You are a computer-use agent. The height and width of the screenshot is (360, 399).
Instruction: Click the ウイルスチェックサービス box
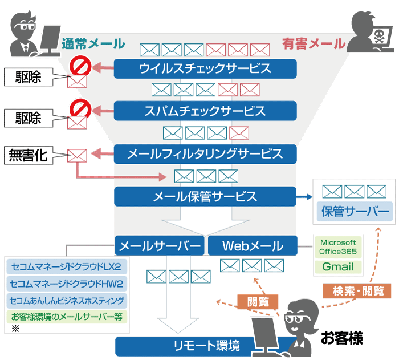tap(205, 69)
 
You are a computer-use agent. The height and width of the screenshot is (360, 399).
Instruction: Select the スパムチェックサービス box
tap(205, 111)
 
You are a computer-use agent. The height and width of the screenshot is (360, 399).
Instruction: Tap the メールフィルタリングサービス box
tap(205, 154)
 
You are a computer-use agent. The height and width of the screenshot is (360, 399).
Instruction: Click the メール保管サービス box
tap(205, 197)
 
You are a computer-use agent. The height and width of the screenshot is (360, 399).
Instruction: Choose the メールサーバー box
tap(160, 246)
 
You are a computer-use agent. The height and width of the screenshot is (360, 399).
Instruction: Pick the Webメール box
tap(253, 246)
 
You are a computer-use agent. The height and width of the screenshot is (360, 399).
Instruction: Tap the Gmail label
tap(338, 266)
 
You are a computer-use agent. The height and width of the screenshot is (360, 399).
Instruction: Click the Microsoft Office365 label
tap(338, 246)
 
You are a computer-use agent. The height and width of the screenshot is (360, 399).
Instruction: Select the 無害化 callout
tap(27, 155)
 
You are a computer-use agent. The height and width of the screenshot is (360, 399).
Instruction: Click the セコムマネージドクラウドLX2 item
tap(67, 266)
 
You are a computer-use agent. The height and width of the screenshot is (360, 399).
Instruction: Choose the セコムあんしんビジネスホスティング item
tap(67, 300)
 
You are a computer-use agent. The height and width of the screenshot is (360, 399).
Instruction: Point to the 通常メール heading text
tap(93, 43)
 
